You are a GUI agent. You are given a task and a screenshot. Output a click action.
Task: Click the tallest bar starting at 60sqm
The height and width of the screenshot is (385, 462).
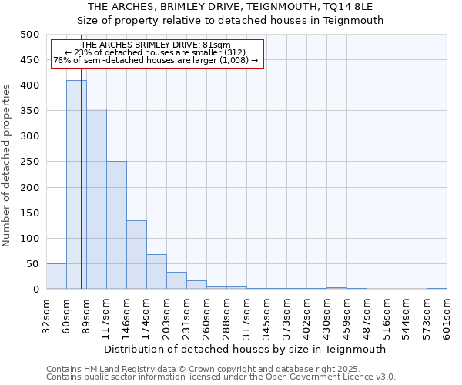[x=76, y=185]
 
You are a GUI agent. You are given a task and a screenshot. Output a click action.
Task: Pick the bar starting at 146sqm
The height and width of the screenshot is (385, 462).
[x=136, y=255]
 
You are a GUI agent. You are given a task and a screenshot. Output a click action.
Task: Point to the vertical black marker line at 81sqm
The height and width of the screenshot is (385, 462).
[x=81, y=192]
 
